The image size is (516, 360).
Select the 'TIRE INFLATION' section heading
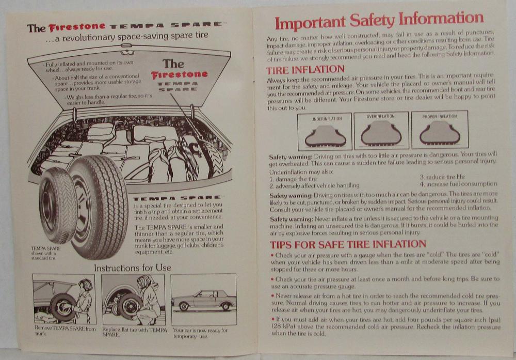coord(305,70)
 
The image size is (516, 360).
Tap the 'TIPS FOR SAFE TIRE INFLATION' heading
coord(348,244)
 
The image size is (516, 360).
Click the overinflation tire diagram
coord(381,131)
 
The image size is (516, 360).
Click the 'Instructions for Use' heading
coord(132,268)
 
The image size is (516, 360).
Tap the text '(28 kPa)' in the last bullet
coord(284,326)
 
